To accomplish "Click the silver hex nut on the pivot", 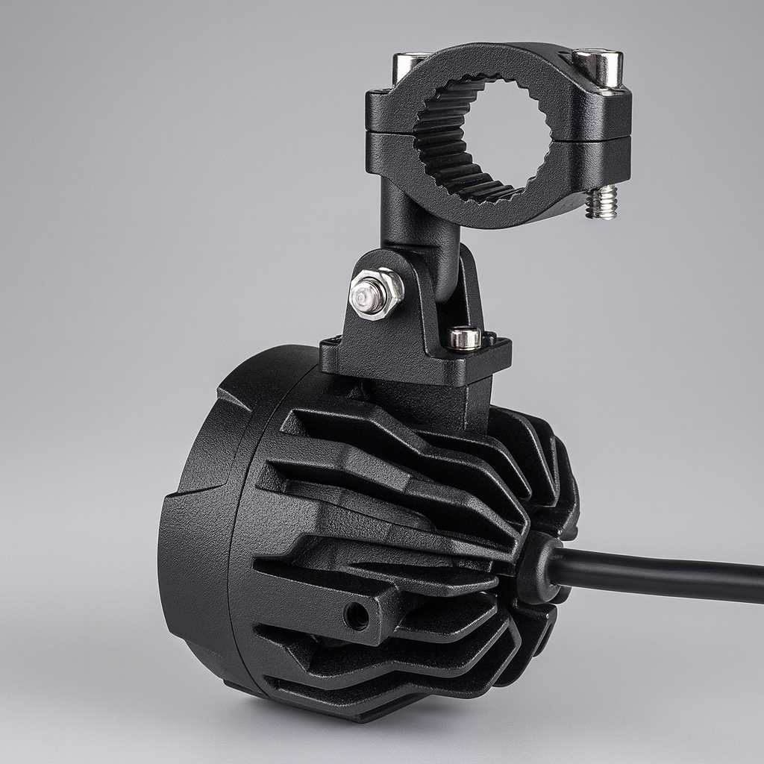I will tap(376, 293).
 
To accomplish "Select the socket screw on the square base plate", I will tap(464, 338).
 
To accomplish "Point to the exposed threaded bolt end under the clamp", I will tap(601, 202).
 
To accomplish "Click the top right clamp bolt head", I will tap(598, 66).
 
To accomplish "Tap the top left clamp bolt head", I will tap(410, 64).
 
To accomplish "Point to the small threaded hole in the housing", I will tap(356, 616).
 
